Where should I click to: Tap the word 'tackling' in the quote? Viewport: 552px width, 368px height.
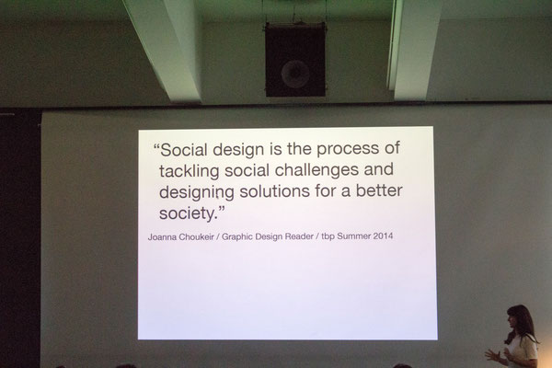pyautogui.click(x=189, y=171)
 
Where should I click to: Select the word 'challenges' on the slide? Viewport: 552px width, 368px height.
pyautogui.click(x=316, y=170)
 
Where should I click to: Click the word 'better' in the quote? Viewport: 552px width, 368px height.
pyautogui.click(x=379, y=190)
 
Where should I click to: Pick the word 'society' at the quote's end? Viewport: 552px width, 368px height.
pyautogui.click(x=186, y=213)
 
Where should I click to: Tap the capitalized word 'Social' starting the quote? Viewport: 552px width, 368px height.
pyautogui.click(x=184, y=150)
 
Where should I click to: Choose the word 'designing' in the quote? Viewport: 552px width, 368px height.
pyautogui.click(x=197, y=193)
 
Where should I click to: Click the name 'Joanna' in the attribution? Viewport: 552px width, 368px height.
pyautogui.click(x=162, y=237)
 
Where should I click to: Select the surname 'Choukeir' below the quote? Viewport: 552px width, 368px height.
pyautogui.click(x=197, y=237)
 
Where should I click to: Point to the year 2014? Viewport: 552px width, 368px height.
pyautogui.click(x=383, y=236)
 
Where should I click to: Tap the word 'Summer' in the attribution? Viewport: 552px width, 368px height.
pyautogui.click(x=353, y=236)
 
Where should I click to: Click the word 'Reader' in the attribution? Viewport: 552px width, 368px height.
pyautogui.click(x=299, y=236)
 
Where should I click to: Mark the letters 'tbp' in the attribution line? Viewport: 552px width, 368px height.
pyautogui.click(x=328, y=236)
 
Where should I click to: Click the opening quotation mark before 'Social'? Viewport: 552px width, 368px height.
pyautogui.click(x=157, y=145)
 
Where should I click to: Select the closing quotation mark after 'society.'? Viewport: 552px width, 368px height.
pyautogui.click(x=221, y=209)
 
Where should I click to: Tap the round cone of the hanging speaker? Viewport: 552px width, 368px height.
pyautogui.click(x=295, y=74)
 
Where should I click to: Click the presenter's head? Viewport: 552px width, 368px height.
pyautogui.click(x=519, y=319)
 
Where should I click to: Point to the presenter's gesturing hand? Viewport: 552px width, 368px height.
pyautogui.click(x=493, y=355)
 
